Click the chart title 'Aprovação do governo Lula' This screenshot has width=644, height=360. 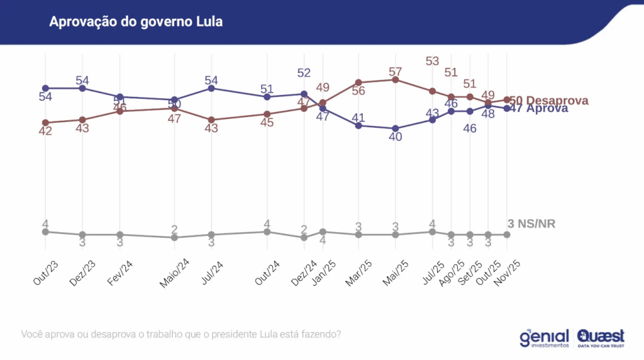[135, 22]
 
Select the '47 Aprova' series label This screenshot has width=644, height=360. [539, 108]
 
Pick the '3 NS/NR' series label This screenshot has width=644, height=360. [531, 224]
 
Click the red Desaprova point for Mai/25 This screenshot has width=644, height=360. [395, 80]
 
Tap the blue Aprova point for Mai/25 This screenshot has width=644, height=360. [395, 128]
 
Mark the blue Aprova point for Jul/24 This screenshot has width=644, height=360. [212, 88]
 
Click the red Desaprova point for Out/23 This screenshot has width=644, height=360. [45, 122]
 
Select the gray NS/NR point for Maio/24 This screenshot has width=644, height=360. [174, 237]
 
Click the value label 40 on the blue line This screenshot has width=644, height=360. [395, 137]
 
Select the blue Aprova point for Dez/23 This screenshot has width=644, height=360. [82, 88]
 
